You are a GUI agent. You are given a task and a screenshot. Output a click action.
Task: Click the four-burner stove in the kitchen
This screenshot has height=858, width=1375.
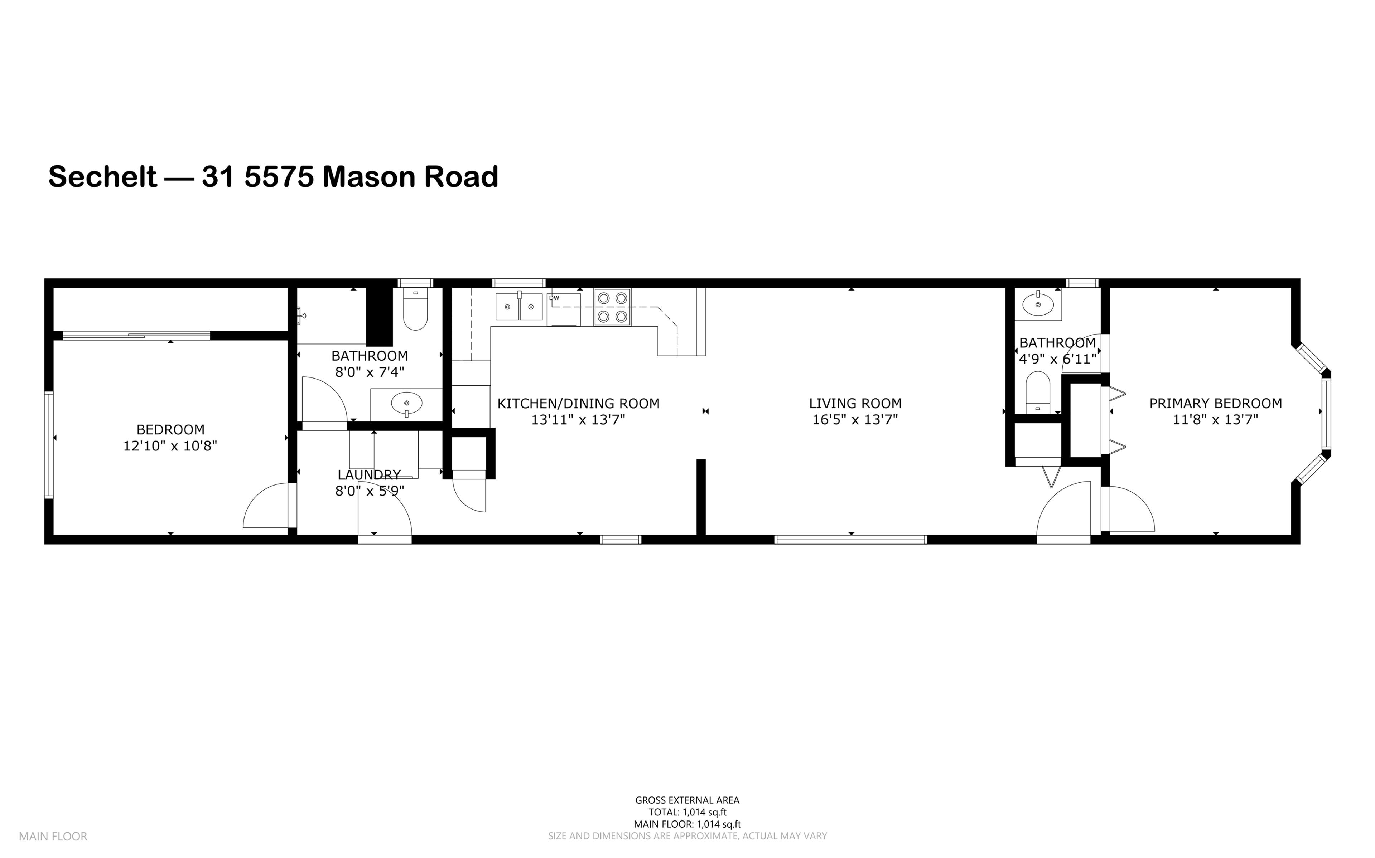click(x=612, y=307)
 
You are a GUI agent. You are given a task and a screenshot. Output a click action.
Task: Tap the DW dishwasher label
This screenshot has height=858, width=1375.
click(x=554, y=298)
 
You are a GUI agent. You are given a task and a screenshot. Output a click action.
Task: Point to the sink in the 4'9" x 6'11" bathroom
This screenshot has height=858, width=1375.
click(x=1038, y=305)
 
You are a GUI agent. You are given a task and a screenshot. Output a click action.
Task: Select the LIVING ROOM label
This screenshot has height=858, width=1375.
click(x=855, y=404)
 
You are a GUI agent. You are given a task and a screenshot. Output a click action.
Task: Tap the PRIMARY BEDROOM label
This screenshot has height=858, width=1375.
click(x=1215, y=404)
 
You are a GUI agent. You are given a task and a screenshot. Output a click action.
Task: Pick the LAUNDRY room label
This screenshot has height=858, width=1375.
click(x=369, y=474)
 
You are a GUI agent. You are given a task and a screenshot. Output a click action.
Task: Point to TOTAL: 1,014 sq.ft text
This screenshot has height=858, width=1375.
click(x=687, y=812)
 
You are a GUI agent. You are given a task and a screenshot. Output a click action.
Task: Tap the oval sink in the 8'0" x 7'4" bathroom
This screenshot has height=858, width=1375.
click(x=406, y=404)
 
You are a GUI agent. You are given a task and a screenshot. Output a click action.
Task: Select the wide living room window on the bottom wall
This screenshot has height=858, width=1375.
click(x=850, y=540)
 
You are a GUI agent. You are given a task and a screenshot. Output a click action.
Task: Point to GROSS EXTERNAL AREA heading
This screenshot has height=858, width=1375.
click(x=687, y=800)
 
